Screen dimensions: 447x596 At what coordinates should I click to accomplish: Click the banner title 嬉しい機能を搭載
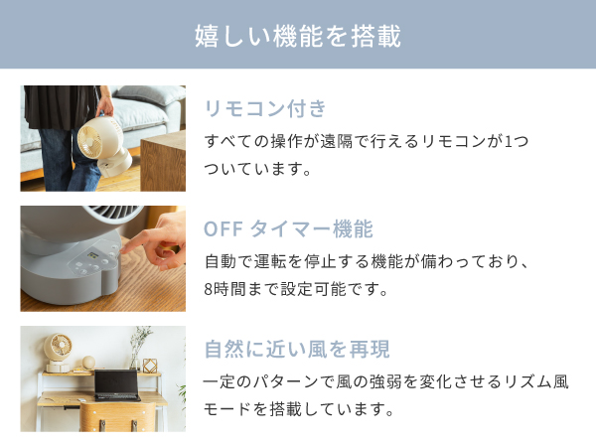point(298,37)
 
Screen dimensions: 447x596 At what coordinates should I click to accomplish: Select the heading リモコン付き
point(264,108)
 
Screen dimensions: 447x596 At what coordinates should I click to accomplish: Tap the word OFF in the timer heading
point(223,228)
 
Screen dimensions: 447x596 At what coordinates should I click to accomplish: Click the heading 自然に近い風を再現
point(296,349)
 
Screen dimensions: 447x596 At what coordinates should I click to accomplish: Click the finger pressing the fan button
point(149,242)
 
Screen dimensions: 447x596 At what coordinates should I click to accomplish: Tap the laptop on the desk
point(116,383)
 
